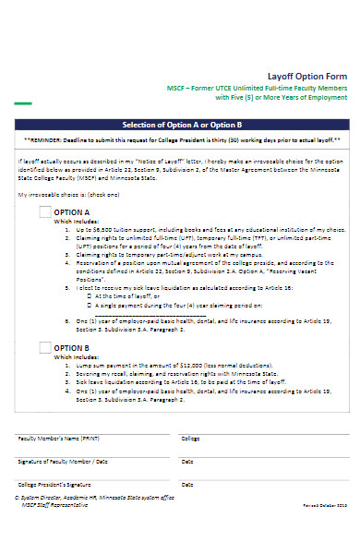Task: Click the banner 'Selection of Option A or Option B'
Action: (x=181, y=124)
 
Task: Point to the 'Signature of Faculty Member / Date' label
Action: (x=62, y=460)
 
